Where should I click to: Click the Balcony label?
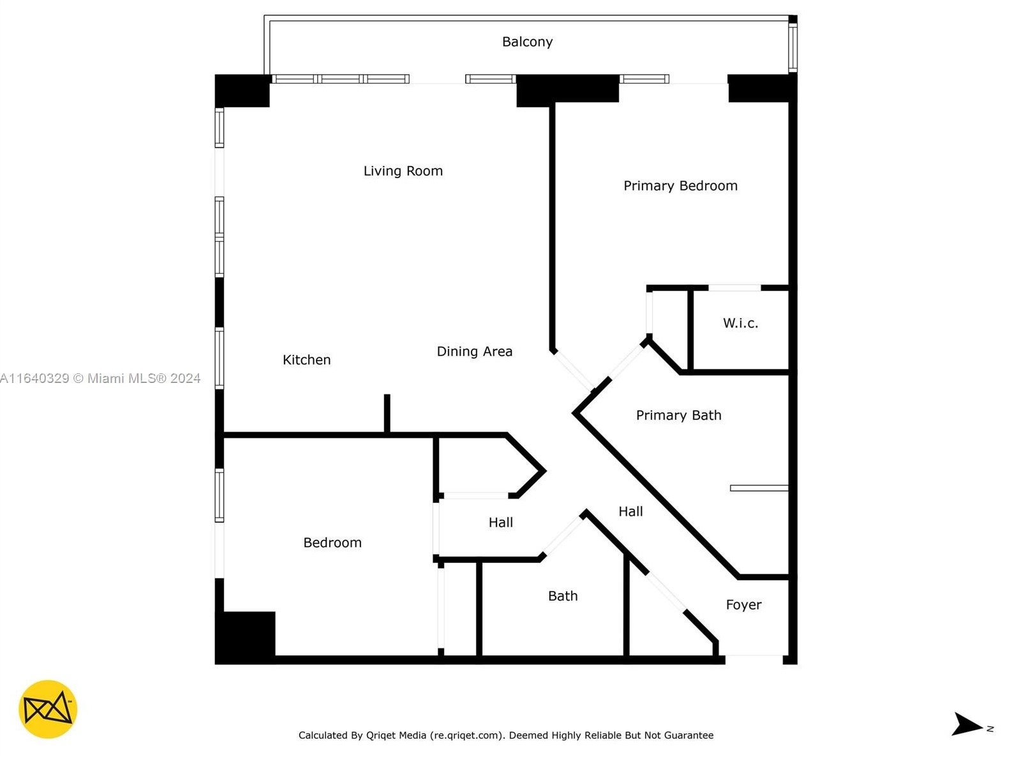tap(527, 42)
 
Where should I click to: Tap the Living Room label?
tap(403, 171)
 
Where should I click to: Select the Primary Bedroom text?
tap(680, 186)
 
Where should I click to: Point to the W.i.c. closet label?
tap(740, 323)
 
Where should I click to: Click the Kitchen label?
tap(306, 360)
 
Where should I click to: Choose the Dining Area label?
tap(474, 352)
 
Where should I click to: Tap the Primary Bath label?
tap(678, 416)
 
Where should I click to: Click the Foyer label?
tap(743, 605)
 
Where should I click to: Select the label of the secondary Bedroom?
tap(332, 543)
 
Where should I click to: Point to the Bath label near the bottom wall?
tap(562, 596)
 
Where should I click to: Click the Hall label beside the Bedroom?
tap(500, 523)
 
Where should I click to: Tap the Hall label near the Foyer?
tap(630, 512)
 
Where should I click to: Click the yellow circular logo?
tap(48, 709)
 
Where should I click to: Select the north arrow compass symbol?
tap(967, 724)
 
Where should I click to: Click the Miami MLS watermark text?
tap(101, 378)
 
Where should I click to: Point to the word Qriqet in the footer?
tap(381, 735)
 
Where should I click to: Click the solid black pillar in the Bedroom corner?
tap(245, 636)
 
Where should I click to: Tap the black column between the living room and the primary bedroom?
tap(567, 89)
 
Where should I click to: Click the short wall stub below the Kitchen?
tap(387, 414)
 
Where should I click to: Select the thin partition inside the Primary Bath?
tap(759, 488)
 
